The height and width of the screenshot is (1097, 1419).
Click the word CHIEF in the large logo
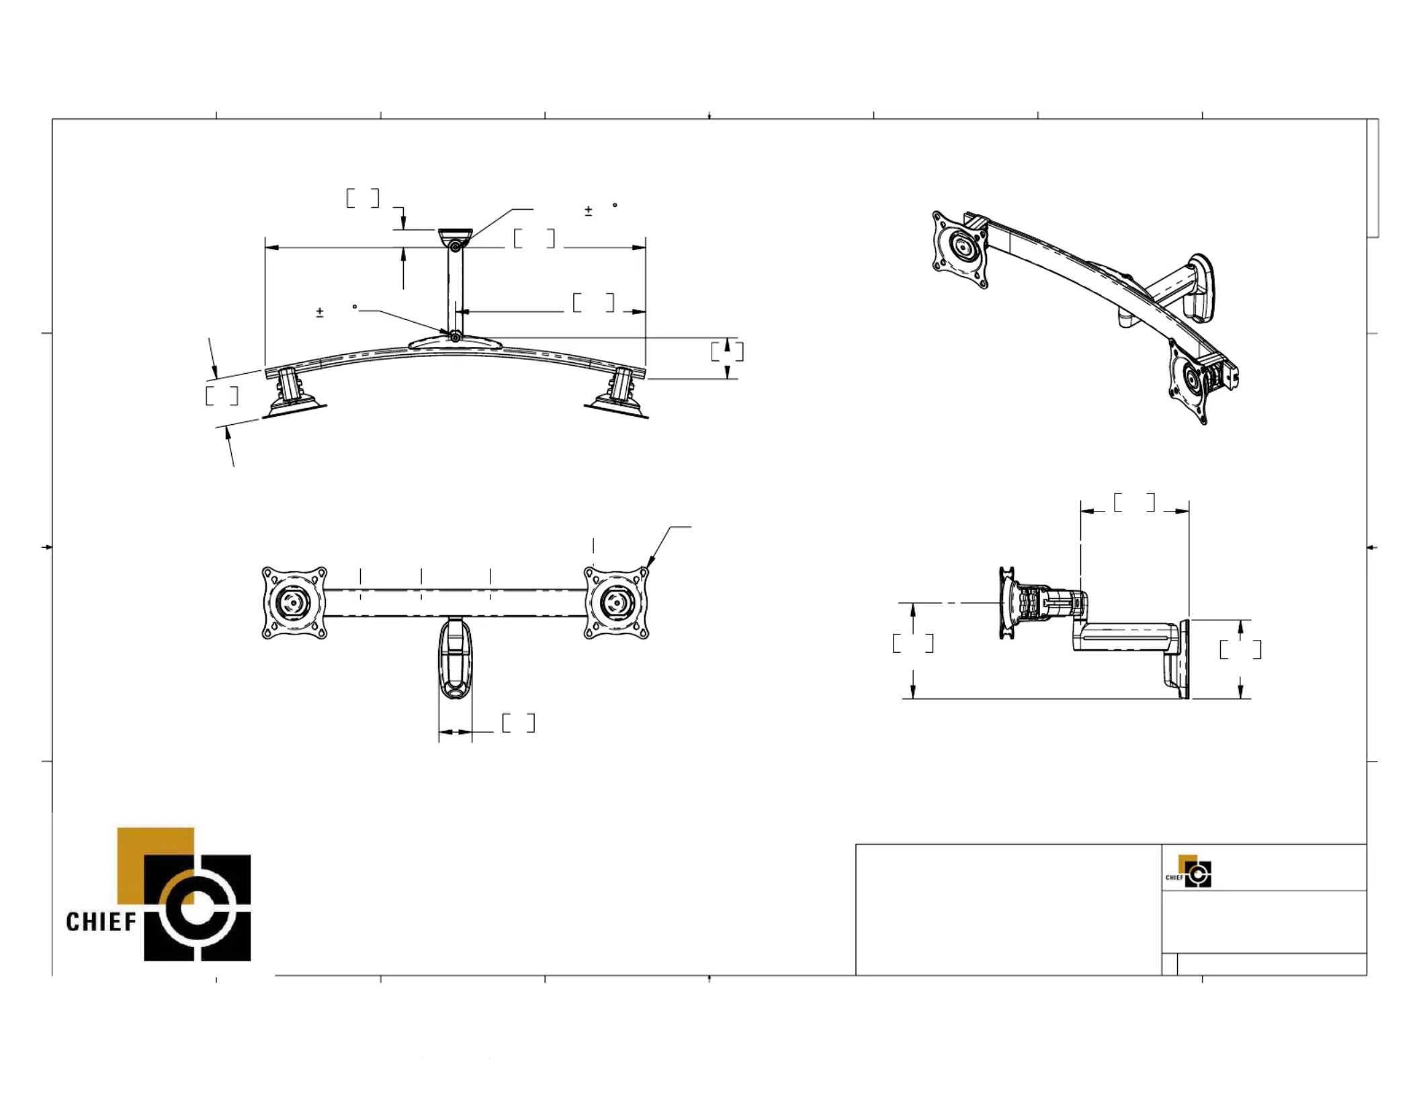tap(101, 921)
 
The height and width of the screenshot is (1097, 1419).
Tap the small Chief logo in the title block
tap(1189, 871)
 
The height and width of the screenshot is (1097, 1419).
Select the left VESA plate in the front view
tap(294, 602)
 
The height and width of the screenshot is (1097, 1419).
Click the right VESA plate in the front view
tap(616, 602)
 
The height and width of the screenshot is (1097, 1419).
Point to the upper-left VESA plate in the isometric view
tap(961, 250)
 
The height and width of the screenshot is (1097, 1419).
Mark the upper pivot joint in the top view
tap(456, 247)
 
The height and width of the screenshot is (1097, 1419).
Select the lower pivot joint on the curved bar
tap(456, 337)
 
